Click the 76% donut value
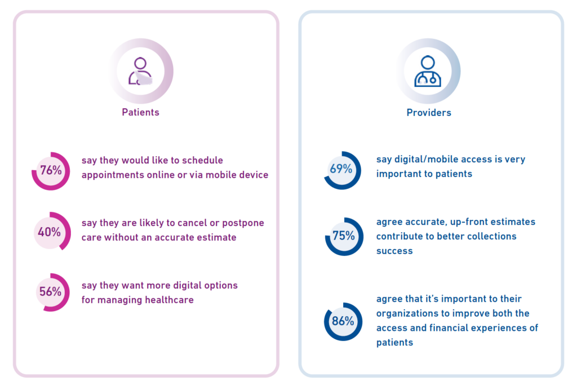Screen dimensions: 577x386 pos(51,170)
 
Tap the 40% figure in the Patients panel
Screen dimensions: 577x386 pos(50,232)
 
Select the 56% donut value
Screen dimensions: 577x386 pos(50,291)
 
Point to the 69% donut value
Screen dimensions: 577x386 pos(341,169)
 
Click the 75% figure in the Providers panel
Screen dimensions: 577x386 pos(343,236)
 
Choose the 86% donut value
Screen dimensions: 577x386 pos(343,321)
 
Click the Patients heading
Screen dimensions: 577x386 pos(140,112)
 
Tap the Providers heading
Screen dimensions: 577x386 pos(429,113)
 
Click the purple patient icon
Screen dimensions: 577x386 pos(140,71)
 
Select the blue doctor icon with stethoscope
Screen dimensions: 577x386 pos(428,72)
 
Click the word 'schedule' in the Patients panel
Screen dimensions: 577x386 pos(203,161)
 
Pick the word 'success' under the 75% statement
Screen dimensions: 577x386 pos(394,251)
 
